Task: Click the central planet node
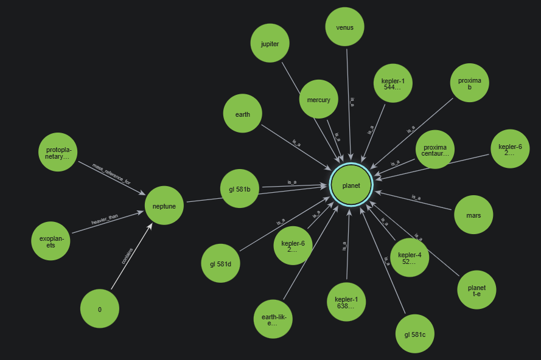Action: click(x=351, y=185)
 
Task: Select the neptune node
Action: click(x=164, y=206)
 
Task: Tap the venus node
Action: click(x=344, y=27)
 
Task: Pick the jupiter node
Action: click(x=270, y=43)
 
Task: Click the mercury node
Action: click(x=318, y=99)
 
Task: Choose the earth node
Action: click(x=242, y=114)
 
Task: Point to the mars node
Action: click(x=473, y=215)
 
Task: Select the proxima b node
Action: click(x=470, y=82)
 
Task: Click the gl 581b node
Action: click(x=240, y=189)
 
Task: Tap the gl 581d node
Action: click(x=220, y=263)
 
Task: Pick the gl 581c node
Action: click(x=414, y=334)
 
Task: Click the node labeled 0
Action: click(x=100, y=309)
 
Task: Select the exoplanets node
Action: click(x=51, y=241)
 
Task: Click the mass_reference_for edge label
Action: click(x=111, y=173)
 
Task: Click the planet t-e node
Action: click(x=477, y=291)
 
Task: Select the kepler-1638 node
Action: click(x=346, y=302)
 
